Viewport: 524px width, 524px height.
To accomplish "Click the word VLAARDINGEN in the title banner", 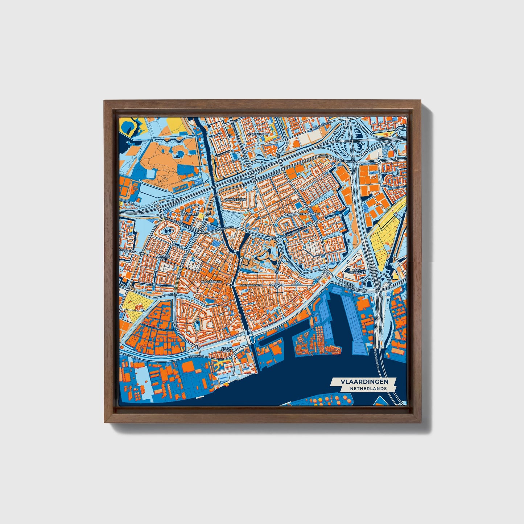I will point(364,381).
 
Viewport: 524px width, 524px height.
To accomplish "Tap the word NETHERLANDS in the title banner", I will point(368,388).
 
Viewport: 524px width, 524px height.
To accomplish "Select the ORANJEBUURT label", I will point(235,200).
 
